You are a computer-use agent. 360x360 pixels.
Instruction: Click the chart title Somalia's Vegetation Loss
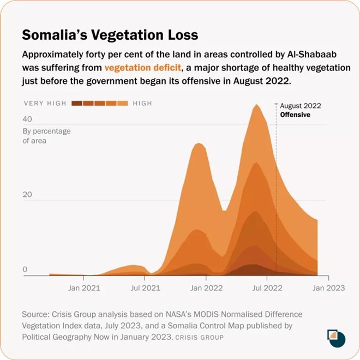tap(110, 35)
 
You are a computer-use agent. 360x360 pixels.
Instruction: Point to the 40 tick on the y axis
tap(27, 119)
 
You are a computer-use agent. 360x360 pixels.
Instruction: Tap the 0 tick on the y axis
tap(25, 269)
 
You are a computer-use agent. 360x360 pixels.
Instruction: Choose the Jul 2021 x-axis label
tap(145, 288)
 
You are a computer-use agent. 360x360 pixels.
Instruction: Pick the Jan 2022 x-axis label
tap(206, 288)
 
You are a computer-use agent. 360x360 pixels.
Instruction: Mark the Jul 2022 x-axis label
tap(267, 288)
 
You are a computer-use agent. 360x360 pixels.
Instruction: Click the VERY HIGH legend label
tap(45, 103)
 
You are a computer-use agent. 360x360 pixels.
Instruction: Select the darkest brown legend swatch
tap(76, 103)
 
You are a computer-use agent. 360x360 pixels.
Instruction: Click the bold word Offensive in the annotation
tap(295, 115)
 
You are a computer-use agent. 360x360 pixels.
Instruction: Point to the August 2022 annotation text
tap(301, 106)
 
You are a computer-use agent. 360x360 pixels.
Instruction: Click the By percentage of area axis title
tap(46, 136)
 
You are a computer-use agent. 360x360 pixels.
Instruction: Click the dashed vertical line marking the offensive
tap(277, 191)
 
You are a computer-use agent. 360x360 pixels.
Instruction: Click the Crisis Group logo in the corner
tap(335, 338)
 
